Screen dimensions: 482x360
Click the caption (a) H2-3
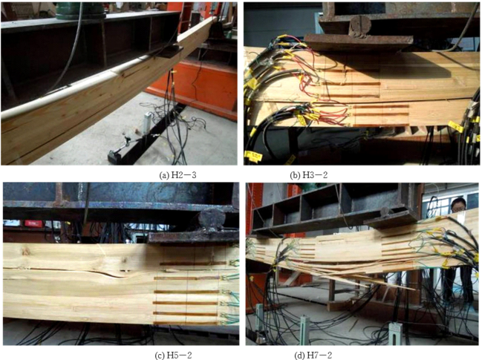pos(178,175)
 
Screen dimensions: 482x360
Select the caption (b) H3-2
pos(309,175)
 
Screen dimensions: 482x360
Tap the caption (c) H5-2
pos(173,356)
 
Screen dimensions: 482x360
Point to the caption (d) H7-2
pos(313,356)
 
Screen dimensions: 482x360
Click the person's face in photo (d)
pos(458,205)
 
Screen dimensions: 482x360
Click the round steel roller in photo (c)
pos(211,220)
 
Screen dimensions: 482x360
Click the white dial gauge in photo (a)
pos(147,123)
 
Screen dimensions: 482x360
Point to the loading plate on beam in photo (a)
pos(168,51)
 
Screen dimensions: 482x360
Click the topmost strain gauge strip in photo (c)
pos(192,264)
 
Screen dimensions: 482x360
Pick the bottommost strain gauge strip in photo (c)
pos(186,323)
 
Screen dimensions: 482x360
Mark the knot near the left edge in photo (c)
pos(26,252)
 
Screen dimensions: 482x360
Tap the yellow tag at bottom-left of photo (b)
pos(253,156)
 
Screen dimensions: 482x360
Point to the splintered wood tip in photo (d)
pos(413,289)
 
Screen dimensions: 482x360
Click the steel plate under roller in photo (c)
pos(193,238)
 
